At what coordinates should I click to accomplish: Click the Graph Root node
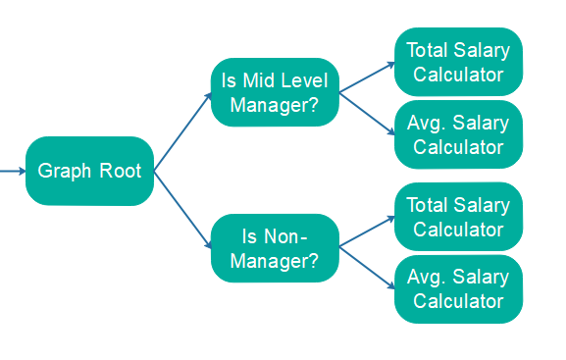(89, 171)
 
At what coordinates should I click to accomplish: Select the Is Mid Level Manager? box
(275, 93)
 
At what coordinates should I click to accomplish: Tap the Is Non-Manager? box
(275, 248)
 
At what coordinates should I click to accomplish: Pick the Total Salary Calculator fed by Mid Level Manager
(458, 62)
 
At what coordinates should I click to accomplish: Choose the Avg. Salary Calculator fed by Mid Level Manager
(458, 135)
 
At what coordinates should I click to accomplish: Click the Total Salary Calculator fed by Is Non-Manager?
(458, 217)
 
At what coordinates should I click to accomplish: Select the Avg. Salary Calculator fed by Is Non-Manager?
(458, 289)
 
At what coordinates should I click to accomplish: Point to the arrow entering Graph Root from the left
(13, 171)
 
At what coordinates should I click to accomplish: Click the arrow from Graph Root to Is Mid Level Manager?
(183, 131)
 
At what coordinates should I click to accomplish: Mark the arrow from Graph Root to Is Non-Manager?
(183, 209)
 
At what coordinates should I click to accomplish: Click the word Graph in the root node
(64, 171)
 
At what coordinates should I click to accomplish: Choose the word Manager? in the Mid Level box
(275, 106)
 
